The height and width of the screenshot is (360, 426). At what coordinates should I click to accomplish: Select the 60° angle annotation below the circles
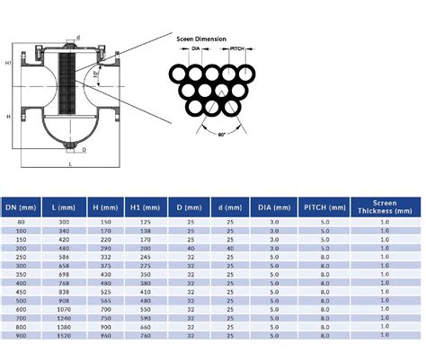pyautogui.click(x=222, y=136)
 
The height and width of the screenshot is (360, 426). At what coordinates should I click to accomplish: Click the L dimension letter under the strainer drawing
pyautogui.click(x=70, y=166)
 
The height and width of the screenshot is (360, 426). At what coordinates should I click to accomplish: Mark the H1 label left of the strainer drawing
pyautogui.click(x=8, y=64)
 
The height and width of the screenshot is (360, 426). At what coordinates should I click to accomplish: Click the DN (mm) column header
pyautogui.click(x=20, y=207)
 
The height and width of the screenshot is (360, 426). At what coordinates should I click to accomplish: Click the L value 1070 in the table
pyautogui.click(x=64, y=309)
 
